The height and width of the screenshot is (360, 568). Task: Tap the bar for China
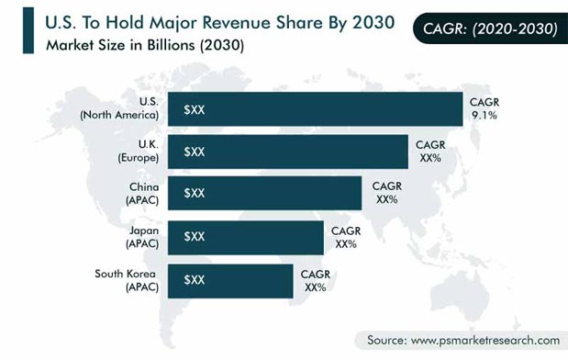[x=266, y=193]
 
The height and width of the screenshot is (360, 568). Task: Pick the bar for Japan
[x=248, y=236]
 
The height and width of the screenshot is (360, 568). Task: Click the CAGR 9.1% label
[x=485, y=109]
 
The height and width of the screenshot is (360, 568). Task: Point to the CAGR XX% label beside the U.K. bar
[x=430, y=152]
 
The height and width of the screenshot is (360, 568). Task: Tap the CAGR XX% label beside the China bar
[x=386, y=193]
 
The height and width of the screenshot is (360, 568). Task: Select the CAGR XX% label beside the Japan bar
[x=345, y=236]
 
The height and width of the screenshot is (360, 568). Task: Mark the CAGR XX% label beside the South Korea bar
[x=316, y=279]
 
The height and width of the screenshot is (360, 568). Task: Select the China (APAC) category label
[x=142, y=194]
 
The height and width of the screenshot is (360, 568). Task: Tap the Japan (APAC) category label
[x=142, y=236]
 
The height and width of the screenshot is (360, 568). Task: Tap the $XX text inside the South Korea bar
[x=194, y=279]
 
